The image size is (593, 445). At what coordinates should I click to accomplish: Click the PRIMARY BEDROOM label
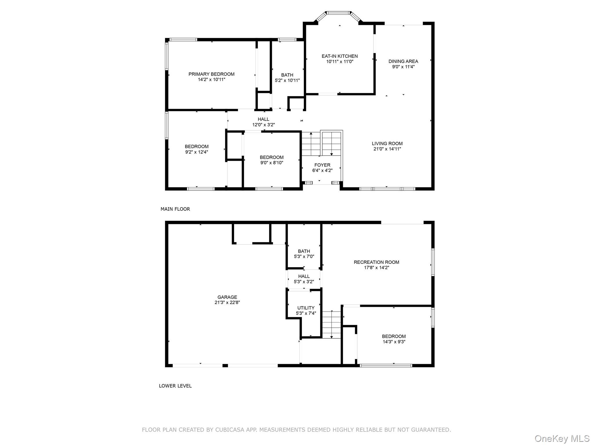click(211, 74)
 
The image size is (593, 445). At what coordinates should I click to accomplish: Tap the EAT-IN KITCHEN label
click(340, 56)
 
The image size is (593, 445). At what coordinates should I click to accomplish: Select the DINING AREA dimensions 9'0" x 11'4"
click(403, 67)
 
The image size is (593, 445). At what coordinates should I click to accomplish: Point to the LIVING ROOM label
click(387, 143)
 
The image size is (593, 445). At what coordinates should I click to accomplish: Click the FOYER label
click(322, 165)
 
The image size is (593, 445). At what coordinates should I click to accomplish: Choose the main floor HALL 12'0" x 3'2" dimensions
click(263, 125)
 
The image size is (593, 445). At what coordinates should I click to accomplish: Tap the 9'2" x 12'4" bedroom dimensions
click(197, 152)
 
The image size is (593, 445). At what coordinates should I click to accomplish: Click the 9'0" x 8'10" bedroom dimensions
click(272, 163)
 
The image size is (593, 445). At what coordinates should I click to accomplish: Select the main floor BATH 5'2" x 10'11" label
click(287, 75)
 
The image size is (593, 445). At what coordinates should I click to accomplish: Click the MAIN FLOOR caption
click(175, 209)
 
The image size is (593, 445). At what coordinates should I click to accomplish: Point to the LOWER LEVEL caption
click(175, 386)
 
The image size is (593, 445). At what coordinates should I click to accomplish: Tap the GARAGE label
click(227, 297)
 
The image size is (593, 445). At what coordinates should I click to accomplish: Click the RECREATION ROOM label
click(376, 262)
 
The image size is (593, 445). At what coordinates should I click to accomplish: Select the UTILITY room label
click(306, 308)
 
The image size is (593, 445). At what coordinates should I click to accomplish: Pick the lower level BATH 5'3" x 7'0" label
click(304, 251)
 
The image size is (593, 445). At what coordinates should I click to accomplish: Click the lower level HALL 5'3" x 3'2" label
click(304, 276)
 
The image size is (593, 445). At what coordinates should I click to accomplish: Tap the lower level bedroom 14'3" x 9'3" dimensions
click(394, 342)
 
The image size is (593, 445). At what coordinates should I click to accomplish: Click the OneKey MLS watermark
click(562, 439)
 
